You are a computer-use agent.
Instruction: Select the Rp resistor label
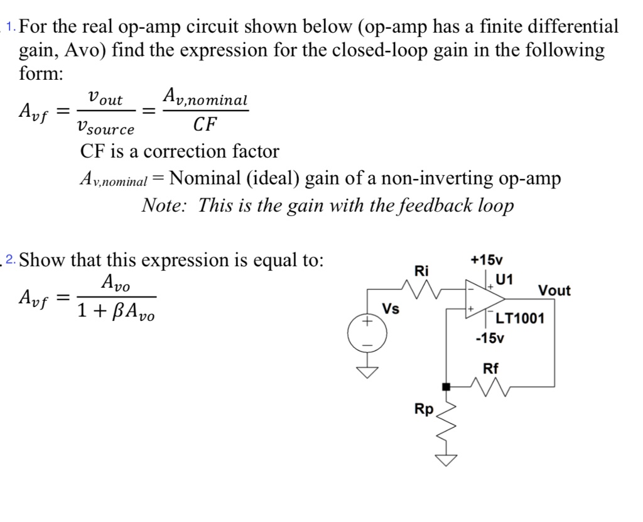pyautogui.click(x=424, y=410)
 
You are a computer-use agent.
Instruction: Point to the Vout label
pyautogui.click(x=554, y=291)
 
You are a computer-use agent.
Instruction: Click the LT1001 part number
pyautogui.click(x=520, y=318)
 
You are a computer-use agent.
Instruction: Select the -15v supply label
pyautogui.click(x=489, y=339)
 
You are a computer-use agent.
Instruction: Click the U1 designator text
pyautogui.click(x=503, y=280)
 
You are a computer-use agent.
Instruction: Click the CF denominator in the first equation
pyautogui.click(x=204, y=124)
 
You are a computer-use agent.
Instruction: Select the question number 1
pyautogui.click(x=11, y=26)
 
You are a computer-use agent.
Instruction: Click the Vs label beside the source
pyautogui.click(x=391, y=310)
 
